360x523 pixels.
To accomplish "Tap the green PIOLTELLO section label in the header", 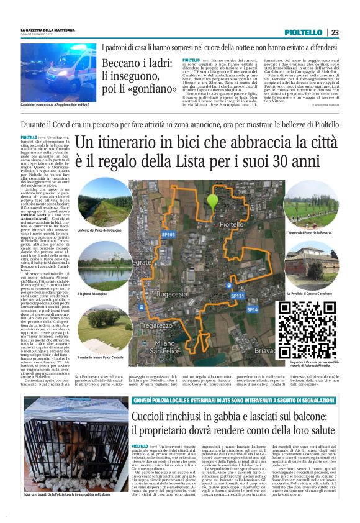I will point(304,32).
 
